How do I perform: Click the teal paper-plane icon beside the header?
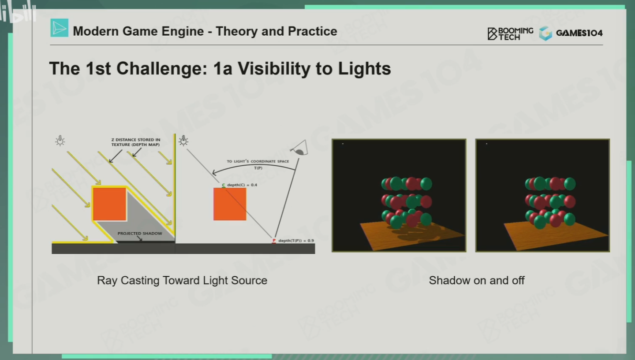pyautogui.click(x=59, y=28)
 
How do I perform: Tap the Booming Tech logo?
pyautogui.click(x=510, y=33)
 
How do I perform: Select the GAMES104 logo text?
pyautogui.click(x=579, y=33)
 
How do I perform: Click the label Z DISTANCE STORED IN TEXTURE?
pyautogui.click(x=135, y=142)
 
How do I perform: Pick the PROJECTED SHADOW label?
pyautogui.click(x=140, y=234)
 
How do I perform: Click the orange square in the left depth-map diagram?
pyautogui.click(x=109, y=204)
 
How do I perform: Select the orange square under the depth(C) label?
pyautogui.click(x=230, y=204)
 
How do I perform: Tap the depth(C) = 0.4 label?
pyautogui.click(x=242, y=185)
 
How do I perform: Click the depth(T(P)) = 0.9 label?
pyautogui.click(x=296, y=241)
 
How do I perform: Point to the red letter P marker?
pyautogui.click(x=274, y=241)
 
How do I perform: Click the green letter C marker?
pyautogui.click(x=224, y=185)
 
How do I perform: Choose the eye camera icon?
pyautogui.click(x=300, y=148)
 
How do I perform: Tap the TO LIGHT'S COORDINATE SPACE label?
pyautogui.click(x=258, y=161)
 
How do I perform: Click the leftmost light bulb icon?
pyautogui.click(x=60, y=141)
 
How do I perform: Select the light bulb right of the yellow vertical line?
pyautogui.click(x=183, y=141)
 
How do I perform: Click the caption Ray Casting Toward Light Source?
pyautogui.click(x=182, y=280)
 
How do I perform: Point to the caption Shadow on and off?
pyautogui.click(x=477, y=280)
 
